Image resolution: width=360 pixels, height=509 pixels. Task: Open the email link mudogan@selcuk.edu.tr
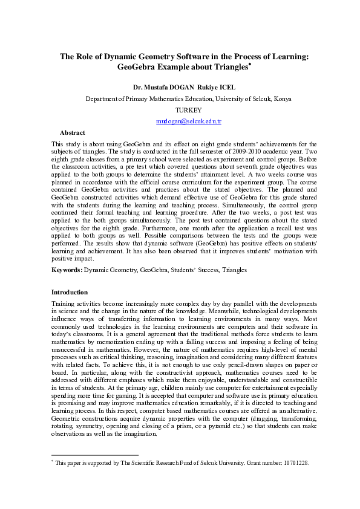189,122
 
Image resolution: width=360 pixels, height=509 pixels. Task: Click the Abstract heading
72,132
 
